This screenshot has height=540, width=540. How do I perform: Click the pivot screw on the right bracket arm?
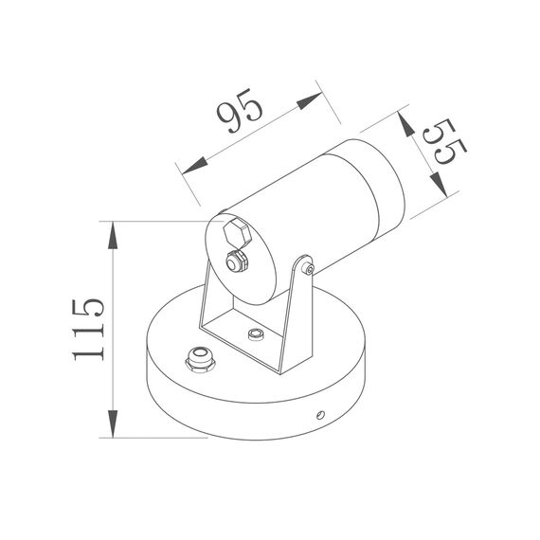tap(310, 271)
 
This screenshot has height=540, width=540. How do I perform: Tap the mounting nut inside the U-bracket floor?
tap(254, 334)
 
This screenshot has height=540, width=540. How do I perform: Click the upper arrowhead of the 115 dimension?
tap(114, 232)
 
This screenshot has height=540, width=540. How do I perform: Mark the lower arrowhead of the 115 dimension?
tap(114, 427)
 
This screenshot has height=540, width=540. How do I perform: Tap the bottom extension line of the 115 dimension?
tap(156, 439)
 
